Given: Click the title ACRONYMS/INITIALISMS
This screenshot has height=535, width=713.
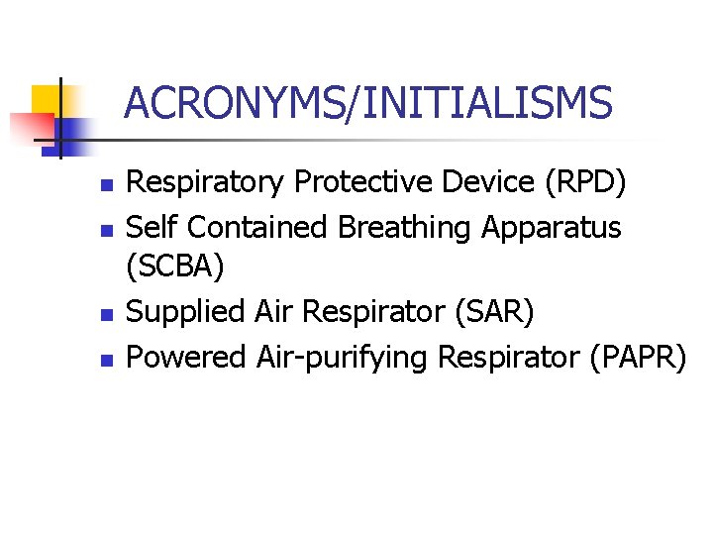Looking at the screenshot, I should coord(368,103).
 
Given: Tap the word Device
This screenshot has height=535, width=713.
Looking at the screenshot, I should coord(479,183).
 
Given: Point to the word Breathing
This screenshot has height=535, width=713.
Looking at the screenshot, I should coord(405,228).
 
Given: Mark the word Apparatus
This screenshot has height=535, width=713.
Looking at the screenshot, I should coord(551,228).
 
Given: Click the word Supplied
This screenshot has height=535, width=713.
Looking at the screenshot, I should coord(187,312).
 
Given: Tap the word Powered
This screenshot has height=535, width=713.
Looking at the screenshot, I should coord(187,356).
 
